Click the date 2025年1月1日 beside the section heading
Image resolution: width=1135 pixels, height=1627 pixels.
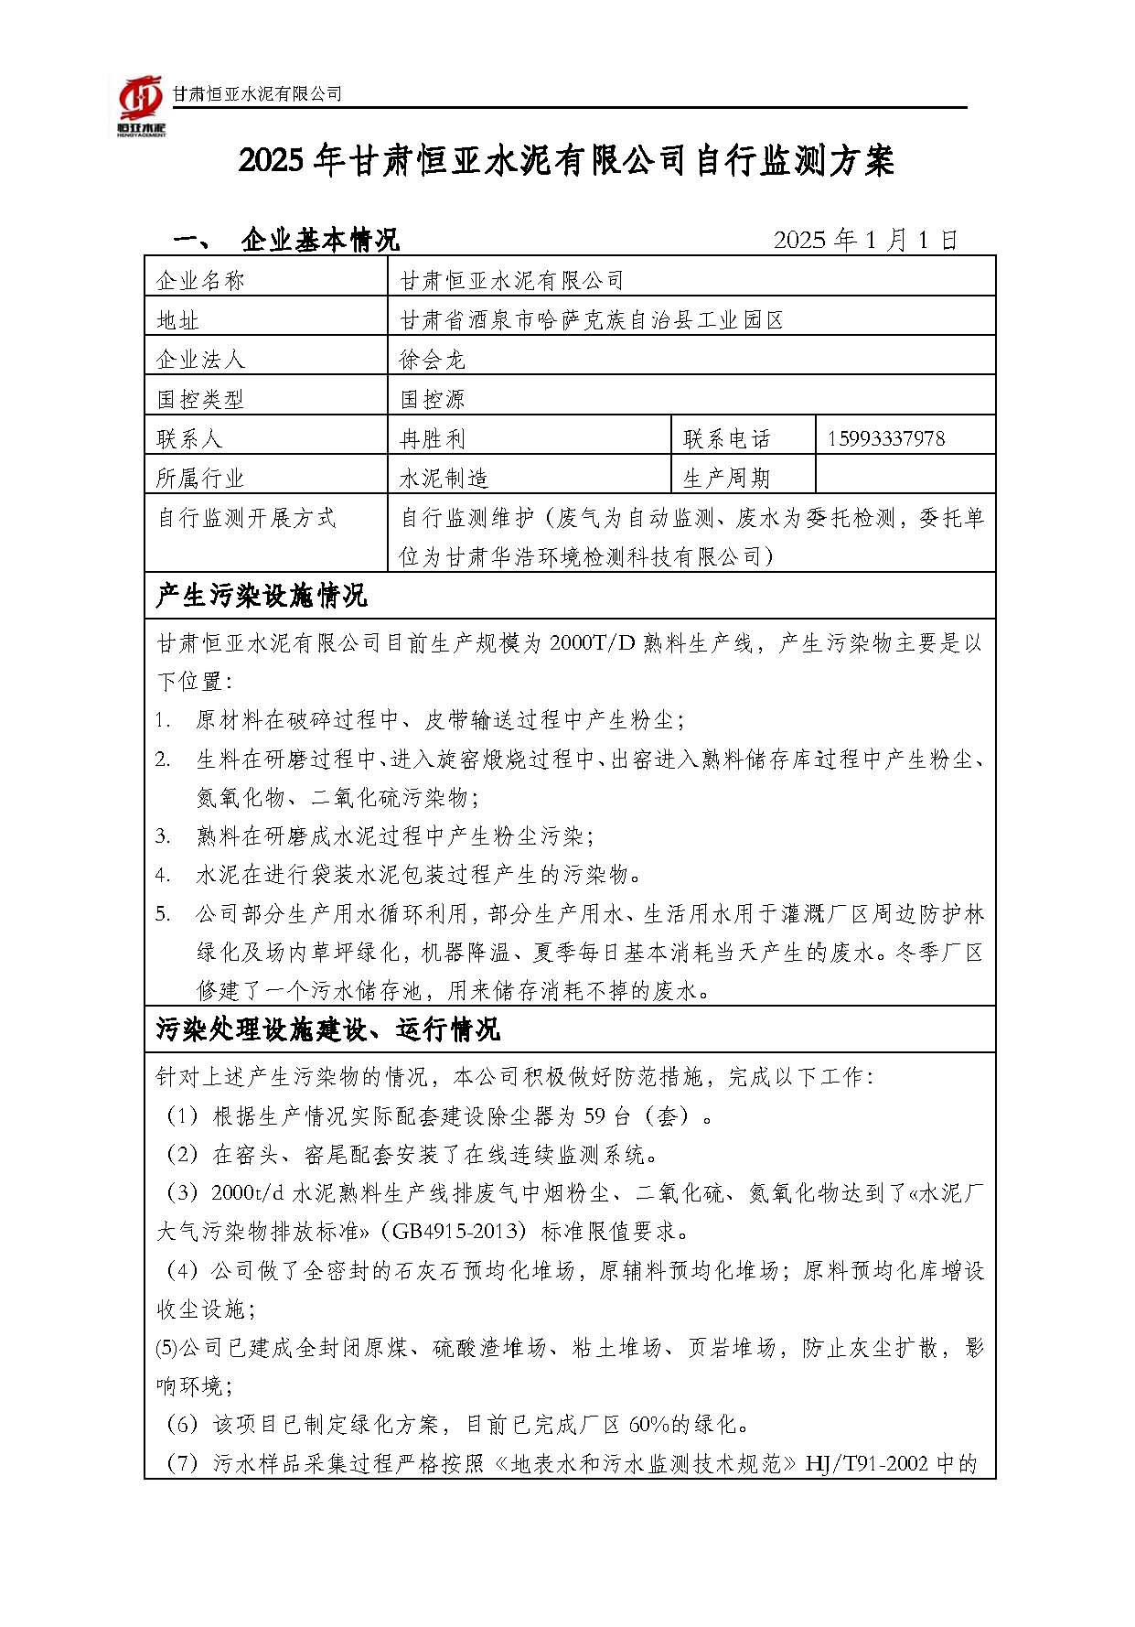tap(865, 240)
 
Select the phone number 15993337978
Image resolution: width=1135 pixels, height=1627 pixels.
tap(885, 438)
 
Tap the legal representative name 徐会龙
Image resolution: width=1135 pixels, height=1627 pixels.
tap(433, 360)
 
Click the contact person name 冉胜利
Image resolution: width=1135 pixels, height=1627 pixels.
tap(433, 439)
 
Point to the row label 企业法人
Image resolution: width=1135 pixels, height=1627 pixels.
tap(200, 360)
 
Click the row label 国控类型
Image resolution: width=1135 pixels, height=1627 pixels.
tap(200, 399)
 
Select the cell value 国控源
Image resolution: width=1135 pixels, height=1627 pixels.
tap(433, 399)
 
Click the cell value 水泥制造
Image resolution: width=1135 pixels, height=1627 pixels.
tap(444, 479)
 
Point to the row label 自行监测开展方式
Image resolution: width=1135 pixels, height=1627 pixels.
tap(247, 518)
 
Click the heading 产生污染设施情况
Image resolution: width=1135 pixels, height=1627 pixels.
tap(262, 597)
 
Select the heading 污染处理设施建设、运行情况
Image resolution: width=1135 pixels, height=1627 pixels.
tap(328, 1029)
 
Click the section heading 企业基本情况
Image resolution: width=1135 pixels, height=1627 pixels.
tap(320, 241)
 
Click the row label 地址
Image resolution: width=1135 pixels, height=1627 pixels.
tap(178, 320)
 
